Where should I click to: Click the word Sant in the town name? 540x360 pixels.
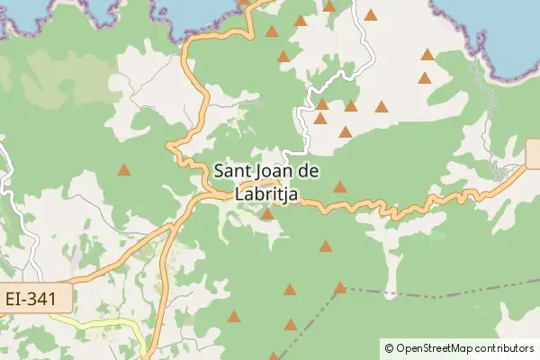tap(232, 171)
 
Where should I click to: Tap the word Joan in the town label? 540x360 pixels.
tap(276, 171)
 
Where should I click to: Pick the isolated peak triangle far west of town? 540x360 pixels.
tap(124, 169)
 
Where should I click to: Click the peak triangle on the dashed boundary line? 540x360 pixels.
tap(340, 288)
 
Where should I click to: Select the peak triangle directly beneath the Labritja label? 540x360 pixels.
tap(266, 214)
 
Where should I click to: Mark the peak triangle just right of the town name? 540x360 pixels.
tap(340, 187)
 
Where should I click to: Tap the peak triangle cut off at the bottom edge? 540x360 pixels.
tap(274, 356)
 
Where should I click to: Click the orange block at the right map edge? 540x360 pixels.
tap(533, 153)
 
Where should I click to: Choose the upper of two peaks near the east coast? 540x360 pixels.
tap(427, 55)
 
